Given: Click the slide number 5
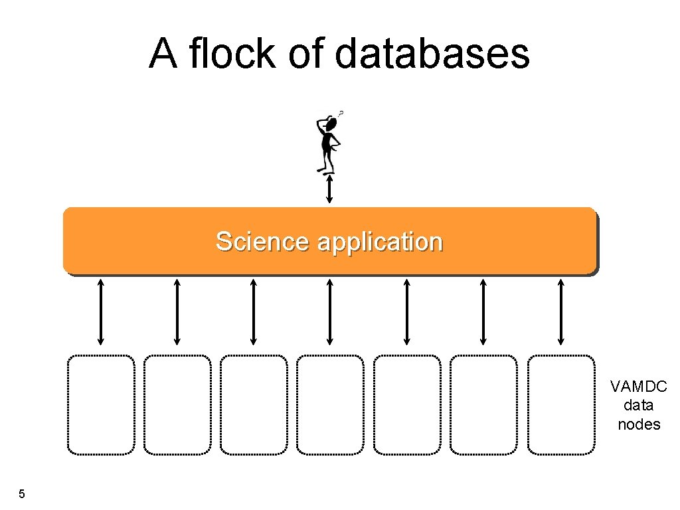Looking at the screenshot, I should point(22,494).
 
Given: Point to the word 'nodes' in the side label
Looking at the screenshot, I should point(639,424).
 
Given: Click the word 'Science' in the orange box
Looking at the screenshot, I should point(262,242).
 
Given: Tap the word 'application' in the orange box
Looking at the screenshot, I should point(380,242).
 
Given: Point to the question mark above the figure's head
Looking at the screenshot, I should point(341,114).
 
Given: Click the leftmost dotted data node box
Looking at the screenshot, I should point(101,404).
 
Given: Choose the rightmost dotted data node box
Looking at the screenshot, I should point(561,404).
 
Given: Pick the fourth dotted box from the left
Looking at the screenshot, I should point(330,404).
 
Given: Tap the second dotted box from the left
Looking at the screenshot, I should point(177,404).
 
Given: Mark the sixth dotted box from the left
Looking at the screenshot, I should point(483,404).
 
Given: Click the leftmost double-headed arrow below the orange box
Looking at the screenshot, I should point(101,311).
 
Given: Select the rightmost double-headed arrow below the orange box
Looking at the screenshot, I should point(561,311).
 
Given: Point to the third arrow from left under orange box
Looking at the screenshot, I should point(254,311).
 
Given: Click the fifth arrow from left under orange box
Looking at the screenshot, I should point(407,311).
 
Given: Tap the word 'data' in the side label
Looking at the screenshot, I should point(639,406).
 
